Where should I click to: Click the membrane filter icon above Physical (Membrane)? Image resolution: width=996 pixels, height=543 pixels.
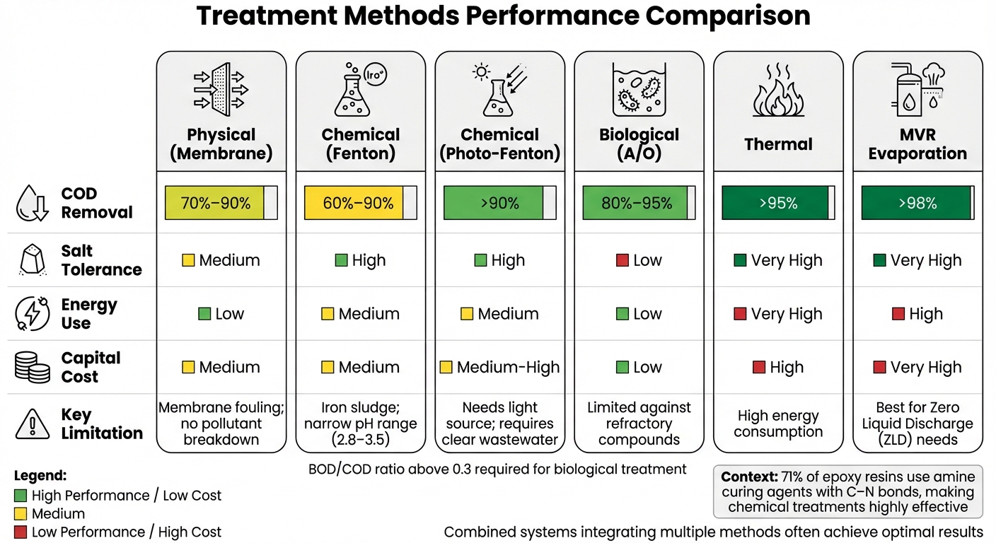221,89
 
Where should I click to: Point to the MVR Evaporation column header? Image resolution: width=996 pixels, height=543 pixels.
917,144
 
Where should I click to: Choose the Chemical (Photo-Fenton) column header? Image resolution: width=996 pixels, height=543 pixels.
499,144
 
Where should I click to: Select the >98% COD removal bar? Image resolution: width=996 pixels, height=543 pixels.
917,203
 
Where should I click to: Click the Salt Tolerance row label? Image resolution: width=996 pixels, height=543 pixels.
101,260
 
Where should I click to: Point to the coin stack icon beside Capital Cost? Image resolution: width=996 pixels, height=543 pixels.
33,368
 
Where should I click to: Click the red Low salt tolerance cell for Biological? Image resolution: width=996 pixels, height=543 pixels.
639,260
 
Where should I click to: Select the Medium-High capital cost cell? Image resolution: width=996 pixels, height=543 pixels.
499,368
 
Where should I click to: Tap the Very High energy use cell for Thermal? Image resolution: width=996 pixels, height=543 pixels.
778,314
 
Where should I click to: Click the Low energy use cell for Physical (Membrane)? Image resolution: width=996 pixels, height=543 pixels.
221,314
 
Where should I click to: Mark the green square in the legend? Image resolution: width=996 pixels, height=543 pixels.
21,496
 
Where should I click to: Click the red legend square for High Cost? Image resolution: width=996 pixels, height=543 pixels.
21,532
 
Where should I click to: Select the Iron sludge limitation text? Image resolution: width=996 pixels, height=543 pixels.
360,408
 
